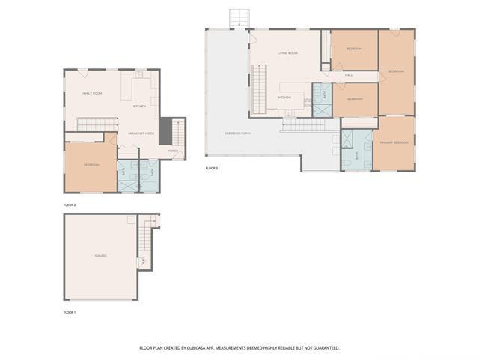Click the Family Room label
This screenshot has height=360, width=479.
pos(91,93)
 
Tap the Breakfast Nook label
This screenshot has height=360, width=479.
pos(141,133)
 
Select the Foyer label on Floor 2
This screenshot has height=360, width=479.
pos(173,151)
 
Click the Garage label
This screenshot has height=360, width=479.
pos(100,256)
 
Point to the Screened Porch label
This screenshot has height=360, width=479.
pos(238,133)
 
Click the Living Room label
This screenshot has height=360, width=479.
pos(287,54)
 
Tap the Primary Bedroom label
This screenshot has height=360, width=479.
pos(394,142)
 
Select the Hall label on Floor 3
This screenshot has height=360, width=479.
pos(349,75)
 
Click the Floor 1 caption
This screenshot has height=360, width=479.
pos(70,311)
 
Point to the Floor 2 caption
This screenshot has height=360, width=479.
pos(70,204)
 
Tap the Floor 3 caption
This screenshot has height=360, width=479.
pos(212,168)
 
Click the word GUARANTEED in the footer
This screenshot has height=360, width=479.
pos(324,348)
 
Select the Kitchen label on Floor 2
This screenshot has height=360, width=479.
pos(139,106)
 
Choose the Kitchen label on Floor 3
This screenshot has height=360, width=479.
pos(284,97)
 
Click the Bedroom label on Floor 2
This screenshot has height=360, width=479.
pos(91,165)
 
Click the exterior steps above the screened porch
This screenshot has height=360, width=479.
pos(239,17)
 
